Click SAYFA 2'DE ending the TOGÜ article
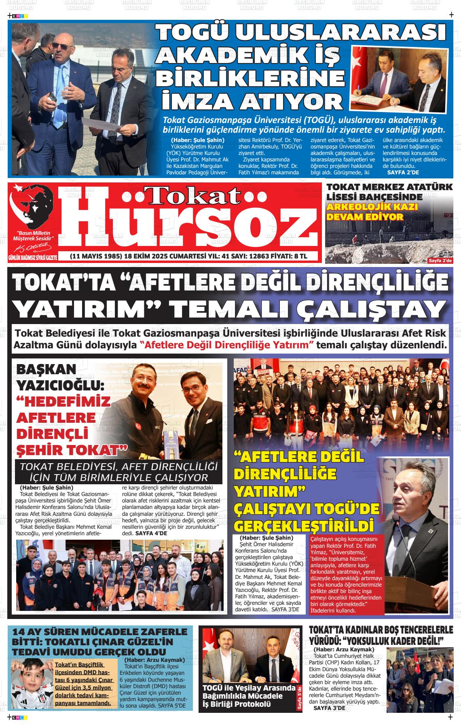tap(403, 172)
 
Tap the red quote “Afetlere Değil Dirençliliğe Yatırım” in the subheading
tap(227, 345)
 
